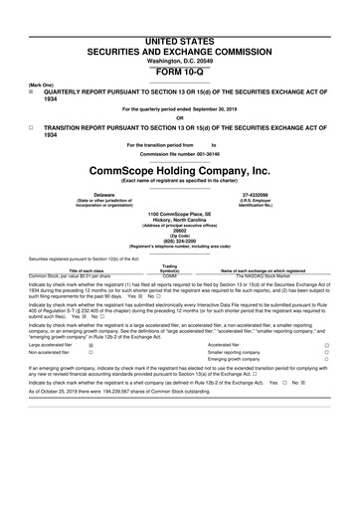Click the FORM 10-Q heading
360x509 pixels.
pos(179,46)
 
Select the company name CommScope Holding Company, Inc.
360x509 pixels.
pos(179,170)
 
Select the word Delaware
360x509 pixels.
pos(103,195)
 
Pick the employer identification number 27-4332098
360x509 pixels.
pos(258,195)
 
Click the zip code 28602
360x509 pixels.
pos(180,235)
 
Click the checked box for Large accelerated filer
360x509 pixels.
pos(91,372)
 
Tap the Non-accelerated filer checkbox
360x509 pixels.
pos(91,380)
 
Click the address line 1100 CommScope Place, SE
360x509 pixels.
pos(180,213)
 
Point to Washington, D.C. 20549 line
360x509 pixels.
pos(179,33)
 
